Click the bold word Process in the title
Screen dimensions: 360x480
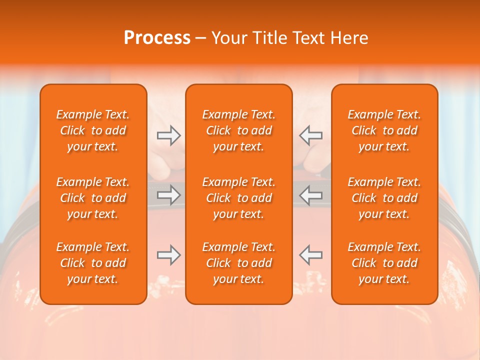(x=157, y=38)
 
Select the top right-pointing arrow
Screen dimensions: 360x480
(x=168, y=135)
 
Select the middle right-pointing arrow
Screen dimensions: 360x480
(x=168, y=195)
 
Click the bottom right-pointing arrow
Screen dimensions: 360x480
(x=168, y=255)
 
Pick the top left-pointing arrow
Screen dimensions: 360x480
(x=310, y=135)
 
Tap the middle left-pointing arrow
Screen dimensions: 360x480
(x=310, y=195)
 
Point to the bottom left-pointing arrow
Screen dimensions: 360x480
(x=310, y=255)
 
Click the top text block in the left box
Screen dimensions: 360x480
(x=93, y=130)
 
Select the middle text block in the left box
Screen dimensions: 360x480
(x=93, y=198)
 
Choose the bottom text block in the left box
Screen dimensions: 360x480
(x=93, y=263)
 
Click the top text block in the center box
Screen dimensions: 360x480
(x=239, y=130)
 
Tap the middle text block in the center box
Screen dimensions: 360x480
(x=239, y=198)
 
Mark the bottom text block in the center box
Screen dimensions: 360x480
(x=239, y=263)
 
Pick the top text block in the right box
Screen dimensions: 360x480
(x=384, y=130)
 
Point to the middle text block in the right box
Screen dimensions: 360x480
(x=384, y=198)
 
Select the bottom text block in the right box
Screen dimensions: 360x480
(x=384, y=263)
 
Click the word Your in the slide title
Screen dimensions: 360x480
(x=228, y=38)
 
